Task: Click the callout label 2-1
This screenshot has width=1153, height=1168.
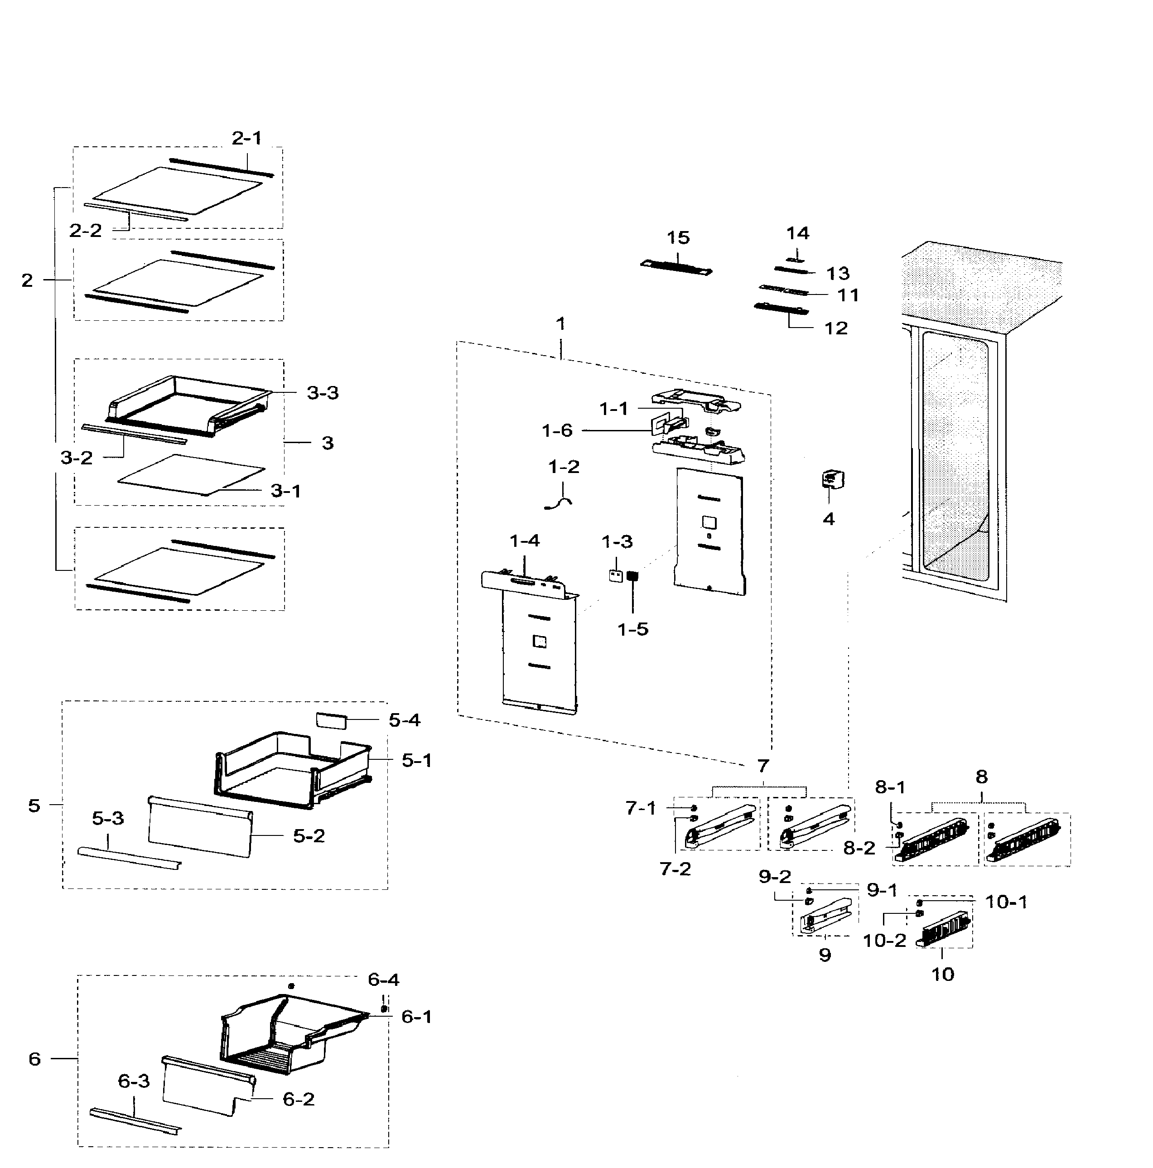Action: pos(246,139)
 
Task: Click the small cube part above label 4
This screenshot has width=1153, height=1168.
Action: pos(833,480)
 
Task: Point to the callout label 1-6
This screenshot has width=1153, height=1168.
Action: pos(557,430)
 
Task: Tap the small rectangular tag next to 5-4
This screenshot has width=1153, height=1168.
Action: pos(331,719)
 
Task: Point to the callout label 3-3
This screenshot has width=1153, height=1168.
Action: pos(322,393)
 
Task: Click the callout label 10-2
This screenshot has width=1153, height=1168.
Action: pos(884,941)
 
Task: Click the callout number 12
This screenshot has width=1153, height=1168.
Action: pos(836,328)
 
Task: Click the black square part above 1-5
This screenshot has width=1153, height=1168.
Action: pos(632,576)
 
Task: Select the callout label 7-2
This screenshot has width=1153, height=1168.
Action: pos(675,869)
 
